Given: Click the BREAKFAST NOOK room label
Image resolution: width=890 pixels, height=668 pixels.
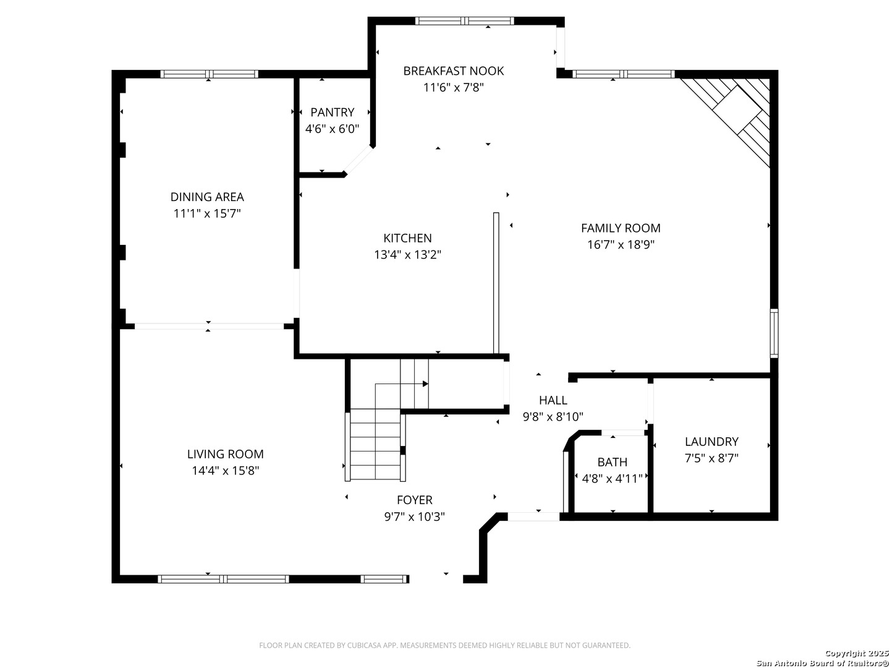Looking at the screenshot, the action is pyautogui.click(x=453, y=71).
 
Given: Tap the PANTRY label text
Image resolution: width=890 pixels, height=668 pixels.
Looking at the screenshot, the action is pyautogui.click(x=332, y=112).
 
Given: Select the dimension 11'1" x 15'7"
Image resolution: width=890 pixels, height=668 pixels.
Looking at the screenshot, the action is pyautogui.click(x=207, y=213).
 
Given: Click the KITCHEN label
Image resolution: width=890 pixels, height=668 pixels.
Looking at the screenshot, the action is pyautogui.click(x=407, y=238).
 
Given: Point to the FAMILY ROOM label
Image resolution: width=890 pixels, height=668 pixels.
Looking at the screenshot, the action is pyautogui.click(x=621, y=228).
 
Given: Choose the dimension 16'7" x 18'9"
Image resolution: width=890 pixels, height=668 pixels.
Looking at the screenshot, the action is pyautogui.click(x=621, y=244).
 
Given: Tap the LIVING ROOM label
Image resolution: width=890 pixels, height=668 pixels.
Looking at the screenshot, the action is pyautogui.click(x=225, y=454).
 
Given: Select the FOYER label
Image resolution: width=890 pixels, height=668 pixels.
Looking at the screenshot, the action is pyautogui.click(x=414, y=500).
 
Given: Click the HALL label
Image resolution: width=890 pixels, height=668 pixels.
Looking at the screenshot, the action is pyautogui.click(x=553, y=400).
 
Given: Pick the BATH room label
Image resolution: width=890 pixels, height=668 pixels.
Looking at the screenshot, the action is pyautogui.click(x=612, y=462).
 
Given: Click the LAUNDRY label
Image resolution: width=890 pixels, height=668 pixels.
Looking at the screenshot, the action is pyautogui.click(x=711, y=441).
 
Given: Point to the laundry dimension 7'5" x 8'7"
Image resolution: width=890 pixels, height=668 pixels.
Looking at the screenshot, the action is pyautogui.click(x=711, y=458).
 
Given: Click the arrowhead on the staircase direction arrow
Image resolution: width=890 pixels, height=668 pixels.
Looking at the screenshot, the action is pyautogui.click(x=425, y=383).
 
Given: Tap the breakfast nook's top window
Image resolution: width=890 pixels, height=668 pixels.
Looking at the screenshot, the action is pyautogui.click(x=465, y=21).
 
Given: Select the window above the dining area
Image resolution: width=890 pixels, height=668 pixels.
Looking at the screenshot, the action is pyautogui.click(x=210, y=74).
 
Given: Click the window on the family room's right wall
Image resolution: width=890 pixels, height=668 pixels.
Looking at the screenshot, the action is pyautogui.click(x=774, y=333).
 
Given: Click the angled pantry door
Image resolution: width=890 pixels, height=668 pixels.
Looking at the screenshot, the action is pyautogui.click(x=358, y=161).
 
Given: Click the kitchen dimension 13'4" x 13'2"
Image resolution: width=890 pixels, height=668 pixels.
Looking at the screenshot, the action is pyautogui.click(x=407, y=255).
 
